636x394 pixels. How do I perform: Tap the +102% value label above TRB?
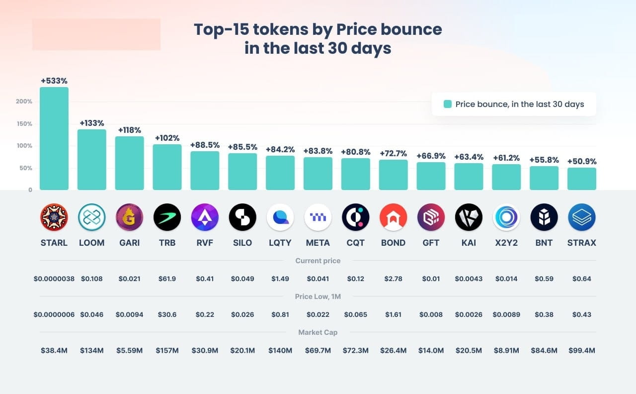[167, 138]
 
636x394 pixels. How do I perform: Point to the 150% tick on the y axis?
[24, 124]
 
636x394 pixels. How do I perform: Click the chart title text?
[318, 39]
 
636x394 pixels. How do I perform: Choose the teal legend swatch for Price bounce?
[447, 104]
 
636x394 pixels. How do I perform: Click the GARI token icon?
[129, 217]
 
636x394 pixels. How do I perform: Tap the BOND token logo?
[393, 217]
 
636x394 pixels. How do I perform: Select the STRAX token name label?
[581, 243]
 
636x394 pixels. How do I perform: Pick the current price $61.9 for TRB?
[167, 279]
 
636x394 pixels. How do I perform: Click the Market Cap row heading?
[318, 332]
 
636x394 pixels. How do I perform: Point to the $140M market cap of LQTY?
[280, 350]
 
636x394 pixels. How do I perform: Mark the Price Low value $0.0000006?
[54, 314]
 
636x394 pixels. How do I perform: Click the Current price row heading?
[318, 261]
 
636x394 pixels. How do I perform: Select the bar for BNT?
[544, 178]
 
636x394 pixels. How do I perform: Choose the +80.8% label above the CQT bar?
[355, 152]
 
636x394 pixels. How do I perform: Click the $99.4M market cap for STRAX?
[581, 350]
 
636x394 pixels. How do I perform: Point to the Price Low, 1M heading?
[318, 296]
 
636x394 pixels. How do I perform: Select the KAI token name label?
[469, 243]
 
